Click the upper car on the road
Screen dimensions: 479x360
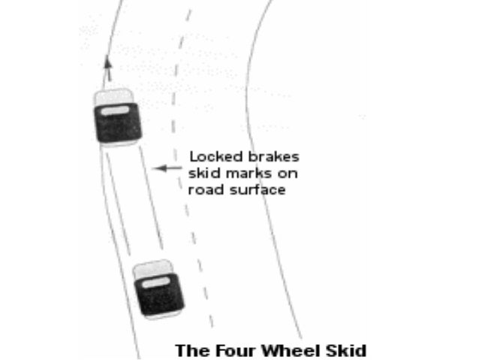[x=116, y=117]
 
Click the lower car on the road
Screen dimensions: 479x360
[x=158, y=289]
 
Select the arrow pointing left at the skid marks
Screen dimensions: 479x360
[x=167, y=168]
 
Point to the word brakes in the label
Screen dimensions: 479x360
[x=274, y=157]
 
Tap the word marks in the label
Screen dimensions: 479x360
[x=245, y=174]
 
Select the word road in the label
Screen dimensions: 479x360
[x=204, y=190]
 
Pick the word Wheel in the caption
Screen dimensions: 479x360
[x=282, y=350]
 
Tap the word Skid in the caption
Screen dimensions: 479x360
[x=339, y=350]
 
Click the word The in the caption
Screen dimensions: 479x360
[x=188, y=350]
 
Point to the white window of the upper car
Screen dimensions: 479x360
[x=114, y=111]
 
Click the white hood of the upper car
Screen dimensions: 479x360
[x=113, y=97]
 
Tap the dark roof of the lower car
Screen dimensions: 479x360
[x=160, y=297]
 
